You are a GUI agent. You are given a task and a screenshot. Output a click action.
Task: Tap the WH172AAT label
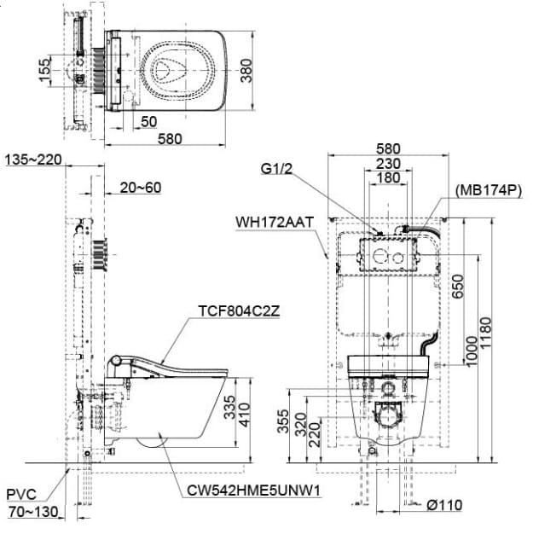[275, 223]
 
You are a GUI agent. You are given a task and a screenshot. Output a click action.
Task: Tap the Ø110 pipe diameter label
[444, 505]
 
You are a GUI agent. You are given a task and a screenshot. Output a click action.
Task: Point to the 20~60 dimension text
[141, 188]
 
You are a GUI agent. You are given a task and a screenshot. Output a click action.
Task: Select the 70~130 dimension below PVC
[32, 512]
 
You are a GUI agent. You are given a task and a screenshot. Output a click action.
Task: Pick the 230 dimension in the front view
[388, 164]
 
